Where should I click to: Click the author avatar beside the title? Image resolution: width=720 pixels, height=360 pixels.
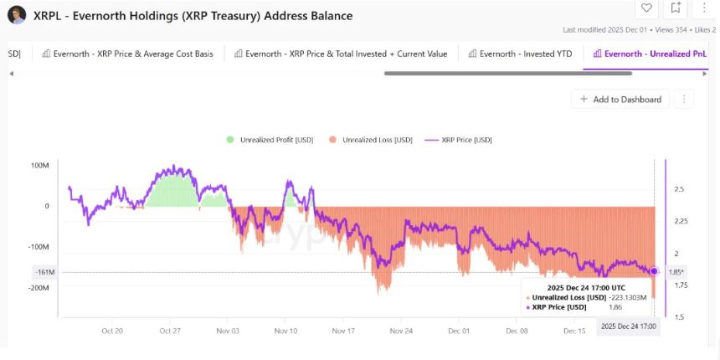coord(17,14)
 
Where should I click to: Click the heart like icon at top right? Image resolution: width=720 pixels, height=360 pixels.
coord(646,8)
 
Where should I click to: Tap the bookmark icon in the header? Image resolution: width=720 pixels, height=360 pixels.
coord(676,8)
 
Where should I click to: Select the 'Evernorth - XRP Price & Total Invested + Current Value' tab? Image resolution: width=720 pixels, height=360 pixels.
coord(341,54)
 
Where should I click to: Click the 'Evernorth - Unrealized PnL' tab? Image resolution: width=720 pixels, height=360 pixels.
coord(650,54)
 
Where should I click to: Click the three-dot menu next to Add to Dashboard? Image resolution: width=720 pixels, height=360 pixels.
coord(683,99)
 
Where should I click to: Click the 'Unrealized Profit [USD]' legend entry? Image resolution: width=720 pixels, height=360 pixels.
coord(270,140)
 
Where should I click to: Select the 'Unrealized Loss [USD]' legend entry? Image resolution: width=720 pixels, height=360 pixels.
coord(371,140)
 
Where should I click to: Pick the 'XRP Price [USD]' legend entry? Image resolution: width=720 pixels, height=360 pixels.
coord(458,140)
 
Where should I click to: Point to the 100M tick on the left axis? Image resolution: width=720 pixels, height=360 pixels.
coord(39,165)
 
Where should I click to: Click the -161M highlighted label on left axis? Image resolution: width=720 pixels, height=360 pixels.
coord(44,272)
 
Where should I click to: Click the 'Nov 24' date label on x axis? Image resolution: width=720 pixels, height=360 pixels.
coord(401,331)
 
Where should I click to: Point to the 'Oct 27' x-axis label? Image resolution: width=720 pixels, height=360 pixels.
coord(170,331)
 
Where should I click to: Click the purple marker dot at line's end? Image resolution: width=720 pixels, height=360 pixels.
coord(654,271)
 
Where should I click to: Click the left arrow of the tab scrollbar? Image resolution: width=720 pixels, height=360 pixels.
coord(12,73)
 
